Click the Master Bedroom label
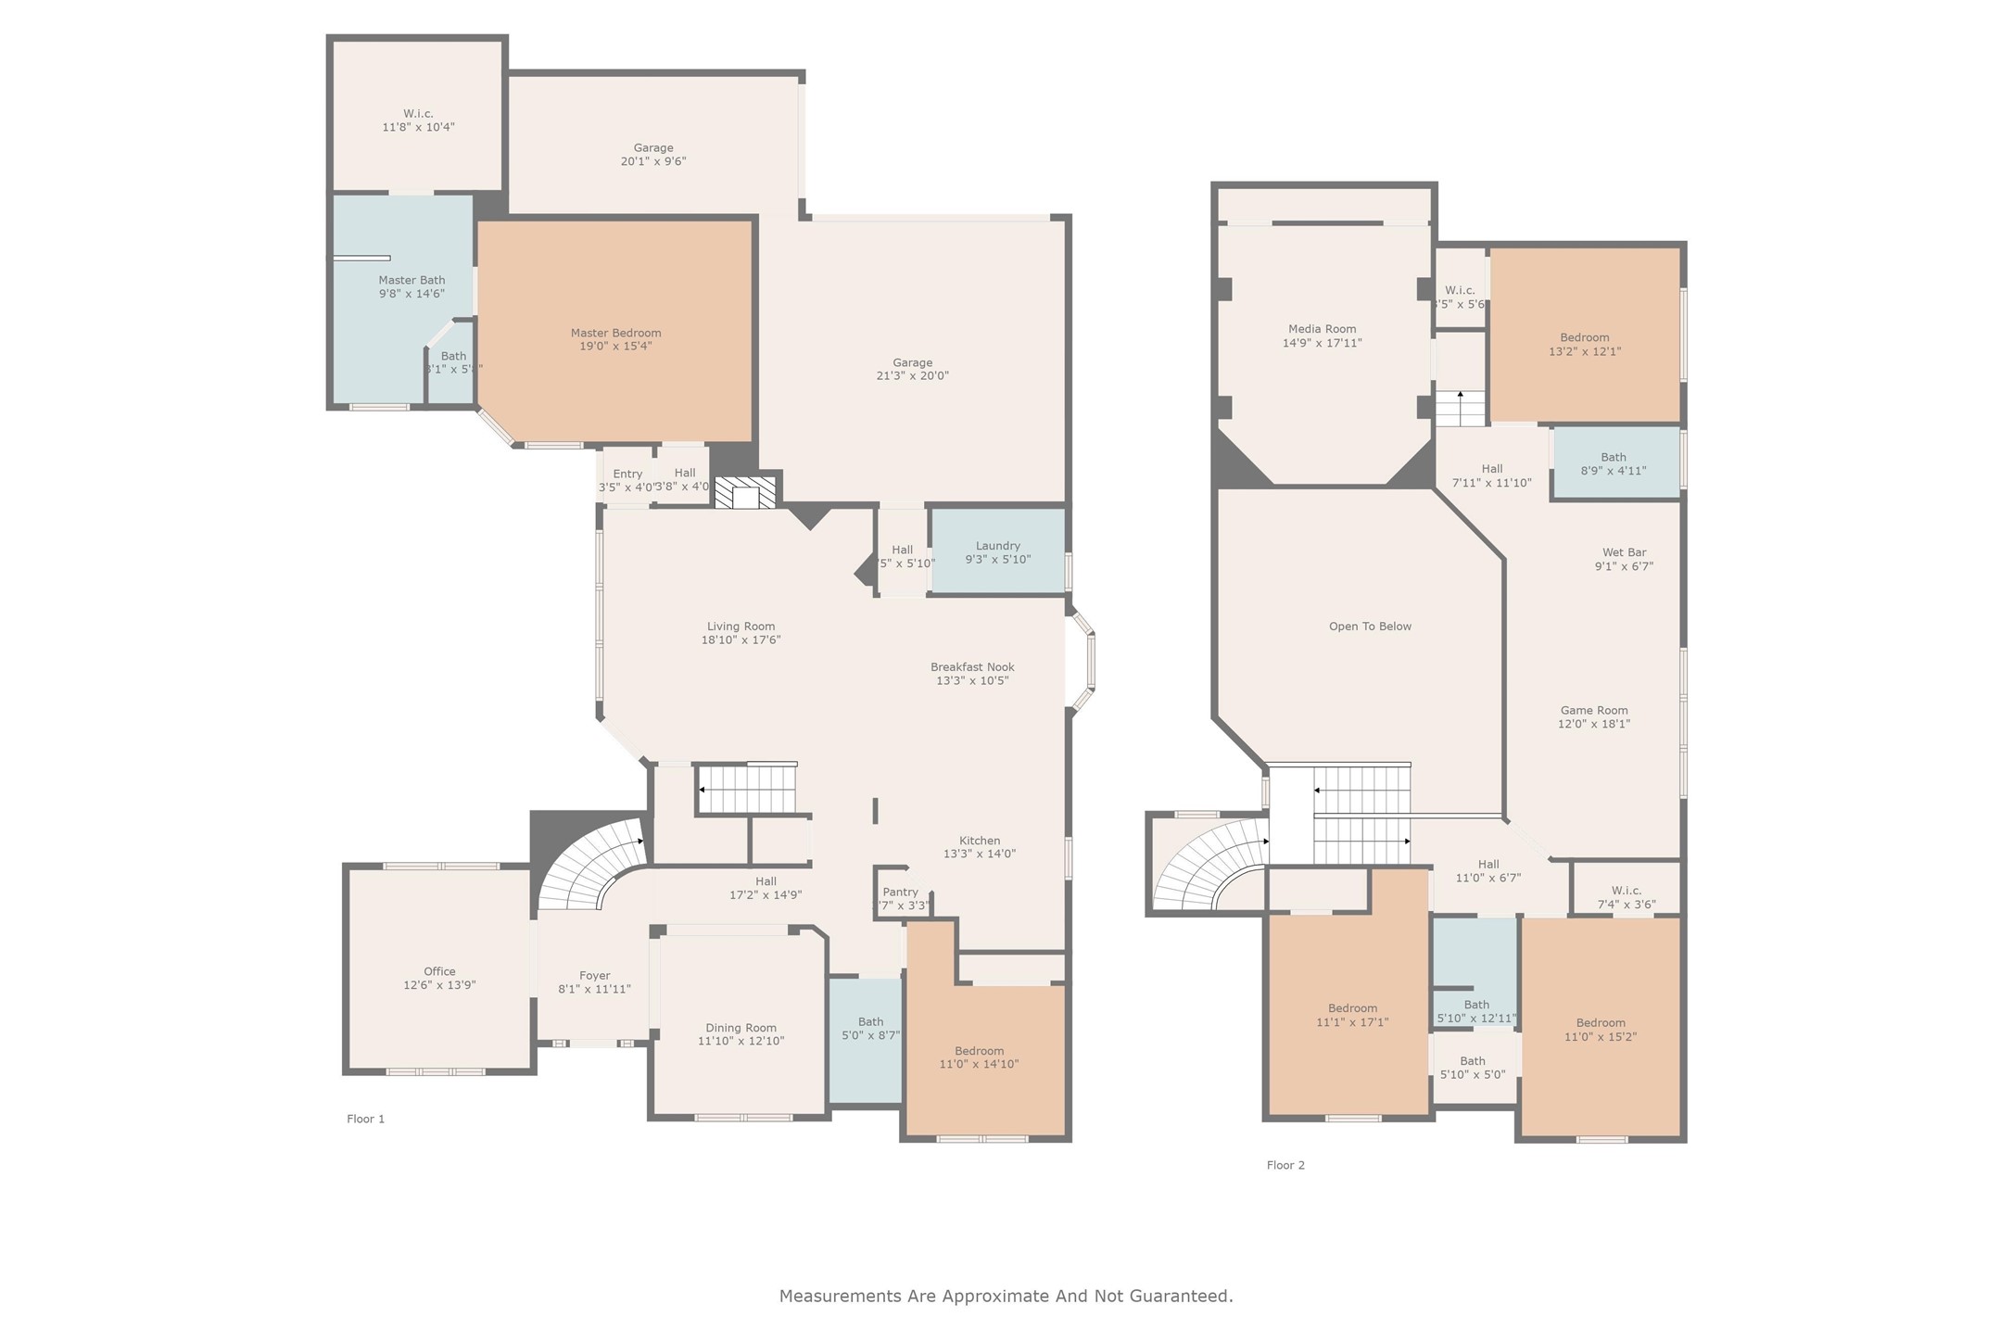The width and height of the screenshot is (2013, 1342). (615, 339)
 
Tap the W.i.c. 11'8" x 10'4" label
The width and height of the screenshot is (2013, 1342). (418, 120)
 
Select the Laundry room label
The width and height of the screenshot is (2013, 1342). (997, 552)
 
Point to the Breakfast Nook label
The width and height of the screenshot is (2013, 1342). (972, 673)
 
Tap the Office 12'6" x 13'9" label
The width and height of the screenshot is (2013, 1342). (439, 978)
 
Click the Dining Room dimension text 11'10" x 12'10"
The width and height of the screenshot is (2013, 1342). (741, 1041)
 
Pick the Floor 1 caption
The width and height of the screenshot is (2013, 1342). (365, 1119)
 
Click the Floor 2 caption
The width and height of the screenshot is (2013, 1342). (1285, 1165)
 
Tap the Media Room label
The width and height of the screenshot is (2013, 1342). (1322, 335)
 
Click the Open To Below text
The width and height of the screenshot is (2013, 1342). (1370, 627)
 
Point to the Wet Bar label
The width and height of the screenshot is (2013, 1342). (1624, 559)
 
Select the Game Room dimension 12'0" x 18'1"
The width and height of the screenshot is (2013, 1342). (1593, 724)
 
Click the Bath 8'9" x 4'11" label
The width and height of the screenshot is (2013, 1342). (1613, 463)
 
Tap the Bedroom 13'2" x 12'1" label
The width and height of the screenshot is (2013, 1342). (1584, 344)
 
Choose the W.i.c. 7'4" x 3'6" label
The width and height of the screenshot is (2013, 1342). (1626, 897)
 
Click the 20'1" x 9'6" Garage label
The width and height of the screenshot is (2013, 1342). (652, 154)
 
